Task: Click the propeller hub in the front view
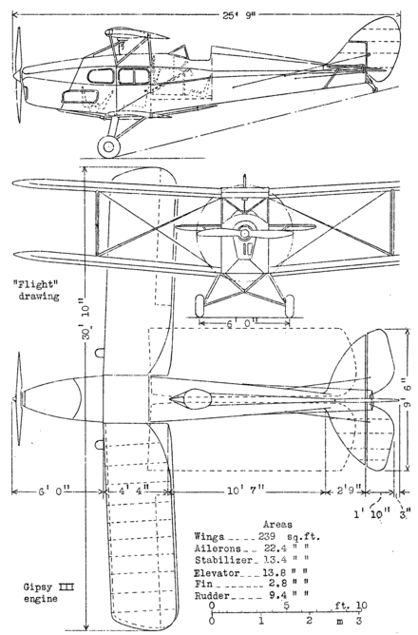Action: (x=244, y=231)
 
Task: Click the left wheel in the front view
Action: (x=200, y=304)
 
